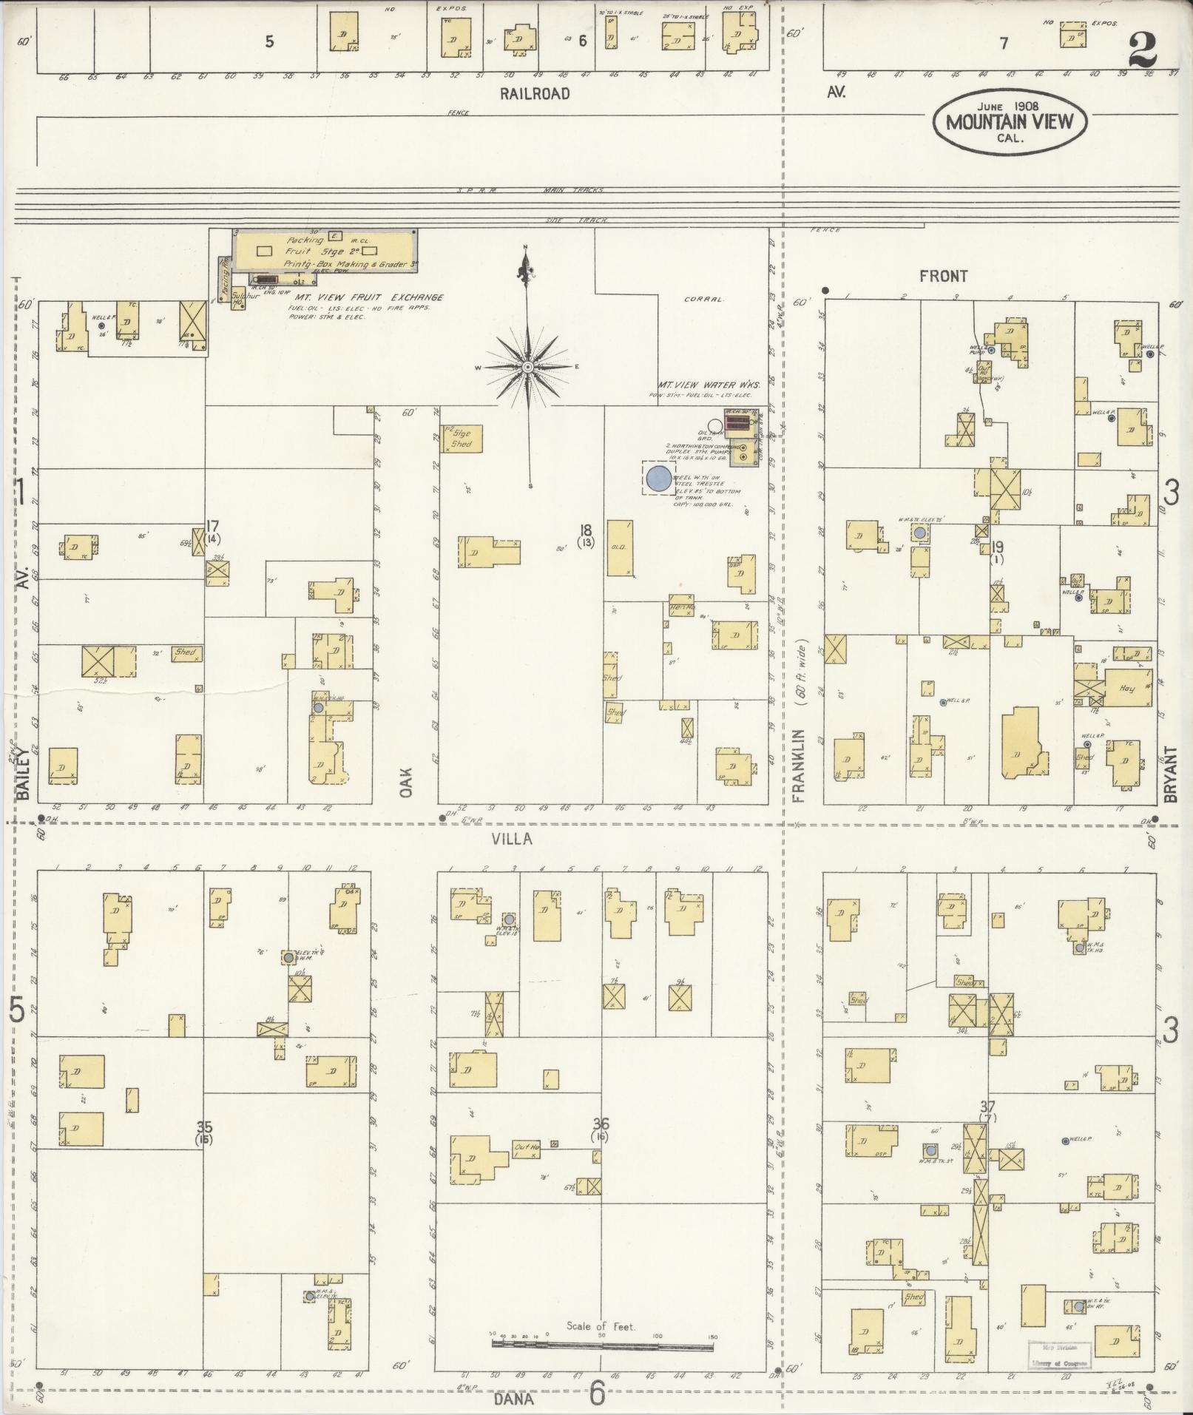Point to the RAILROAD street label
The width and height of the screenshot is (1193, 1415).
(535, 94)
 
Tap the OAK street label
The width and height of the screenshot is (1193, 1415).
(406, 780)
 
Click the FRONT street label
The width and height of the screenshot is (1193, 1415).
(943, 276)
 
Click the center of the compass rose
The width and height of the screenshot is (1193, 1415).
(528, 367)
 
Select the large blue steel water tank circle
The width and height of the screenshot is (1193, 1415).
(658, 479)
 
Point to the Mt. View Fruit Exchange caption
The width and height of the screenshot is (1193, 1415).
(367, 297)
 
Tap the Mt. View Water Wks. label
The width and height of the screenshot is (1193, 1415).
(703, 385)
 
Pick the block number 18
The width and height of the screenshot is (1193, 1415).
(586, 529)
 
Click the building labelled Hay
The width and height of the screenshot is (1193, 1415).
(1126, 689)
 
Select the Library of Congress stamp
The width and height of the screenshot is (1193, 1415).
(1058, 1354)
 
